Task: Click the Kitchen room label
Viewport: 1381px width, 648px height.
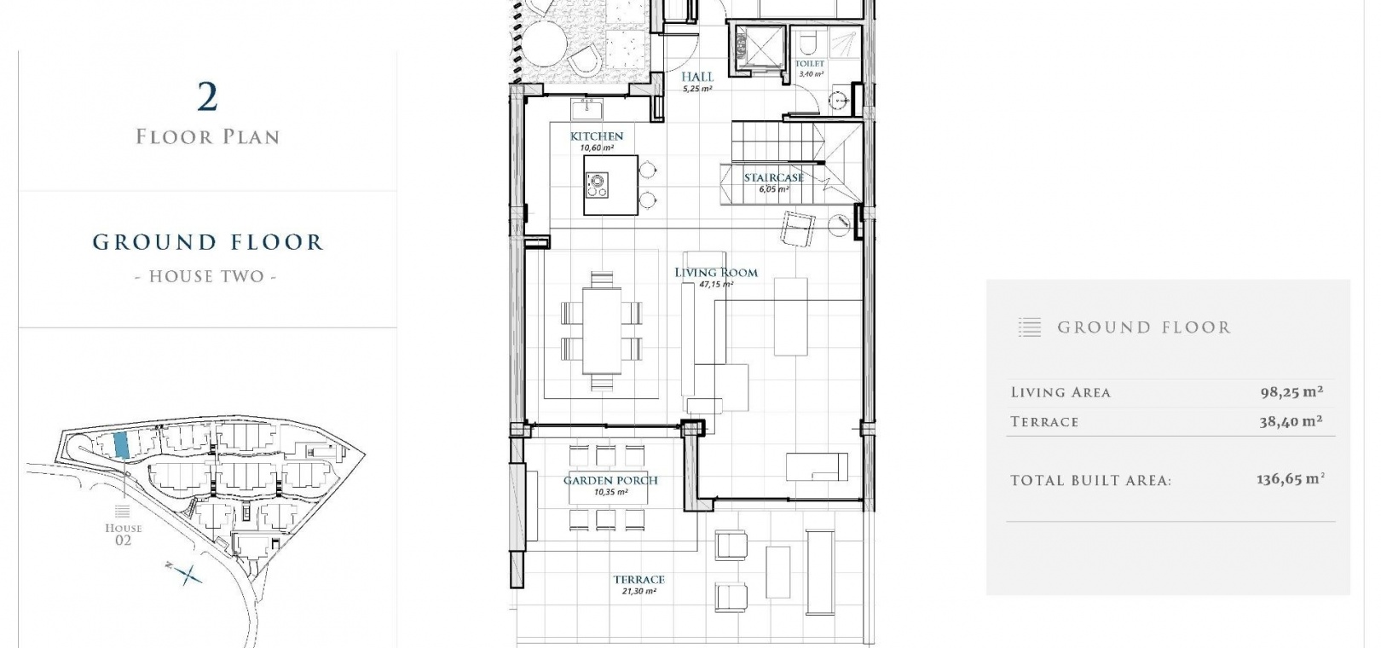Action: [596, 136]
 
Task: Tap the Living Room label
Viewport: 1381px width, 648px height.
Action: [716, 273]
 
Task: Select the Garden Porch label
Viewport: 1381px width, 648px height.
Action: [610, 480]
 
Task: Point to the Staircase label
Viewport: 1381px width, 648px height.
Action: [774, 177]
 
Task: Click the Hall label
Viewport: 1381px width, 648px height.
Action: [697, 77]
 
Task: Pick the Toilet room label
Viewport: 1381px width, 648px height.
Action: [810, 63]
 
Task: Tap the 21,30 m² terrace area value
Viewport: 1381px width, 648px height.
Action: [638, 591]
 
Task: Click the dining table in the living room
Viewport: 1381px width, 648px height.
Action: [602, 331]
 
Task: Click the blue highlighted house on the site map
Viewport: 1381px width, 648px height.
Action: [121, 444]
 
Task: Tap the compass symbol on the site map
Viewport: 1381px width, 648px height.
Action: [185, 574]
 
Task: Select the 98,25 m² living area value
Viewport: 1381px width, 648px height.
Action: [1292, 392]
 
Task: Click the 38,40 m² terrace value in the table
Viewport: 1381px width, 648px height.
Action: [1291, 422]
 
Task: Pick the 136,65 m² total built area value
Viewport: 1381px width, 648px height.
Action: [1291, 480]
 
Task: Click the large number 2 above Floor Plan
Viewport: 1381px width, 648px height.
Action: [208, 97]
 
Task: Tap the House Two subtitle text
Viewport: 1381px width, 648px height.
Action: [206, 276]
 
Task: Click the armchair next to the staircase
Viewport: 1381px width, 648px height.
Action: [798, 229]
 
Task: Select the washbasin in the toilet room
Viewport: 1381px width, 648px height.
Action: [838, 100]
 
